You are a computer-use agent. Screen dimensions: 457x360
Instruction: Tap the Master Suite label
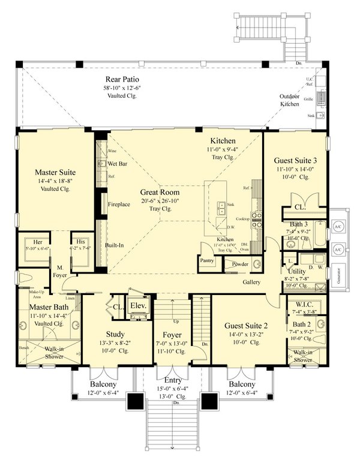coord(55,172)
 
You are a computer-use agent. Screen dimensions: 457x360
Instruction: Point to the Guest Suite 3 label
coord(295,161)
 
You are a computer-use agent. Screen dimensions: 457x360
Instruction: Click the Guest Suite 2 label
coord(245,325)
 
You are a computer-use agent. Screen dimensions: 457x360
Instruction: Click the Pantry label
coord(208,261)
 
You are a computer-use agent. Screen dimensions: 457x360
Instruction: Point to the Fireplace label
coord(118,204)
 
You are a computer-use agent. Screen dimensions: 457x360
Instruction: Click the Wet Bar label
coord(118,163)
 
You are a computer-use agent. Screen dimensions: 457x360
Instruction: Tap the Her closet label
coord(37,242)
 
